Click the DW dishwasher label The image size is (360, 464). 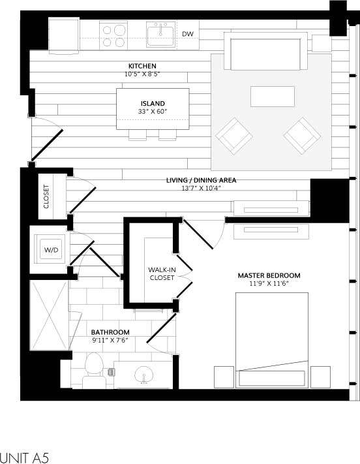(x=188, y=34)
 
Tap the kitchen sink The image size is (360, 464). (x=160, y=35)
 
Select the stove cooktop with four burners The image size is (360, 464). (x=113, y=34)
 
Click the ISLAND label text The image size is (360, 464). (x=153, y=104)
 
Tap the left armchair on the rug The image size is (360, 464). (x=234, y=135)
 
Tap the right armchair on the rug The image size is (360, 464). (x=302, y=135)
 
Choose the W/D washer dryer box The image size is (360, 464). (x=51, y=249)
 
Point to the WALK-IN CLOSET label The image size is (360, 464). (x=161, y=273)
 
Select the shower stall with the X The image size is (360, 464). (x=49, y=315)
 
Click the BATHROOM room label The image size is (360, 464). (x=110, y=332)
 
